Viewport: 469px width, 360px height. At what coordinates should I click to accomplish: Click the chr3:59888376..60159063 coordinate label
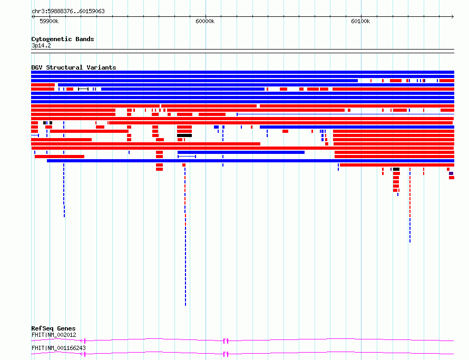click(68, 12)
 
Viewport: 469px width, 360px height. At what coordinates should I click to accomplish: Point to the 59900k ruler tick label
click(49, 21)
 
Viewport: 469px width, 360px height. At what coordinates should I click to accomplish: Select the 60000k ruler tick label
click(205, 21)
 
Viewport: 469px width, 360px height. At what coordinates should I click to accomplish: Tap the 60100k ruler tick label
click(361, 21)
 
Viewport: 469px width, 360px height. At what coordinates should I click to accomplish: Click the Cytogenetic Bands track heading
click(63, 39)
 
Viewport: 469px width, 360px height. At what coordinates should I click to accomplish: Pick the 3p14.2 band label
click(41, 45)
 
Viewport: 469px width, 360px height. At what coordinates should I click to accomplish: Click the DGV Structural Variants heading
click(74, 67)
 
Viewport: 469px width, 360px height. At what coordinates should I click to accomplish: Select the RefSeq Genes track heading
click(53, 328)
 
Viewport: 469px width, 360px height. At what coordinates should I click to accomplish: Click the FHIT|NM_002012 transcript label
click(54, 335)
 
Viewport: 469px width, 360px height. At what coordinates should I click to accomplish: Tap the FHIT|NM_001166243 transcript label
click(58, 348)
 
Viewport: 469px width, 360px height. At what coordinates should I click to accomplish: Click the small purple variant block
click(451, 173)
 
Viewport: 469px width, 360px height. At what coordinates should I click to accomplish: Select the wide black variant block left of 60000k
click(184, 135)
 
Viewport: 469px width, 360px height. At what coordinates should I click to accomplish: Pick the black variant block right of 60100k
click(396, 169)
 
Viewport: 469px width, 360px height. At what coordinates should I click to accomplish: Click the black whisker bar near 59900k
click(83, 89)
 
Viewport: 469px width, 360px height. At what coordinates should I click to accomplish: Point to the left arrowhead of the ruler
click(32, 17)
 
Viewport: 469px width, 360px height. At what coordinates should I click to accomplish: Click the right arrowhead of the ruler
click(453, 17)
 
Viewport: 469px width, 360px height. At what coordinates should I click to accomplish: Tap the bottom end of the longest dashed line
click(185, 305)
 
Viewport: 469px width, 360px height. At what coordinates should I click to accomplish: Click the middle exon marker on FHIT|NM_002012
click(226, 341)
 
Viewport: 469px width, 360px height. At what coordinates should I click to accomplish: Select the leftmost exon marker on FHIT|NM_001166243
click(84, 354)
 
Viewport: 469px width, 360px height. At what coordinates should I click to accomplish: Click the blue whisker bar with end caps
click(187, 157)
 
